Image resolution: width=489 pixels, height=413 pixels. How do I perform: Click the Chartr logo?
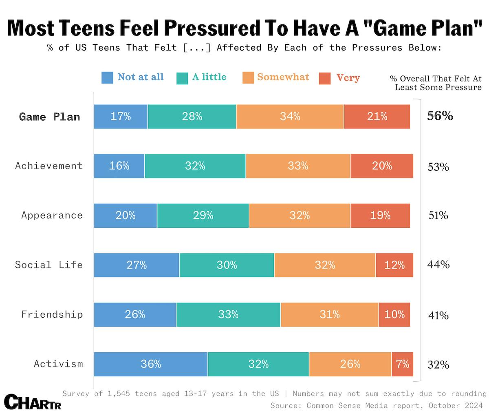pyautogui.click(x=33, y=402)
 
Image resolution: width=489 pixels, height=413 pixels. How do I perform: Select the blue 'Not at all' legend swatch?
pyautogui.click(x=107, y=77)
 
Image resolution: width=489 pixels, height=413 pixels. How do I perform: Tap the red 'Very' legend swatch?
pyautogui.click(x=325, y=78)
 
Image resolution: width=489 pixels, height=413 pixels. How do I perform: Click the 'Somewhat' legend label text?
pyautogui.click(x=283, y=77)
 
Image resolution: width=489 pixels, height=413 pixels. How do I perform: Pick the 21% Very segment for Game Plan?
pyautogui.click(x=377, y=116)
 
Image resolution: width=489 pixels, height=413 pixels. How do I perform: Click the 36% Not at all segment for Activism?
pyautogui.click(x=151, y=364)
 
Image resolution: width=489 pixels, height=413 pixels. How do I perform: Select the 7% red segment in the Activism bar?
pyautogui.click(x=402, y=364)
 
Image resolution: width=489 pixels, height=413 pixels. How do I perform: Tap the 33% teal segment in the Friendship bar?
pyautogui.click(x=228, y=314)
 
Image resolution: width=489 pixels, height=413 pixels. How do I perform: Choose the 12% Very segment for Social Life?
pyautogui.click(x=394, y=265)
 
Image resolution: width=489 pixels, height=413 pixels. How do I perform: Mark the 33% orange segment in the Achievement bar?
pyautogui.click(x=298, y=166)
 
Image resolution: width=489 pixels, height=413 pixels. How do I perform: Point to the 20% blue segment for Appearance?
pyautogui.click(x=126, y=215)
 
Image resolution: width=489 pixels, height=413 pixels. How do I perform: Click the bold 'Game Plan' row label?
pyautogui.click(x=50, y=117)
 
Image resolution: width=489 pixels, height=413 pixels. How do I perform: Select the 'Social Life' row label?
pyautogui.click(x=49, y=265)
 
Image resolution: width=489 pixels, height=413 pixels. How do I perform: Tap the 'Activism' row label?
pyautogui.click(x=58, y=364)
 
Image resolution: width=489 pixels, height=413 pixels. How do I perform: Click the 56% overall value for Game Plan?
pyautogui.click(x=440, y=116)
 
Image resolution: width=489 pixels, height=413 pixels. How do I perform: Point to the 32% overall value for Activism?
pyautogui.click(x=438, y=365)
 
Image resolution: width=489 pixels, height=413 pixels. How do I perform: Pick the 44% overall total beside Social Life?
pyautogui.click(x=438, y=265)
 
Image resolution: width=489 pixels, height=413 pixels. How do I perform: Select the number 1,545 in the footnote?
pyautogui.click(x=119, y=393)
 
